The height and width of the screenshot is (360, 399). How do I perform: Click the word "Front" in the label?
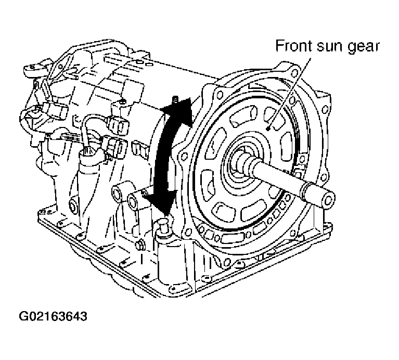click(x=294, y=46)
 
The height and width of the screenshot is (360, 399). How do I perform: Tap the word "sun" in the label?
click(x=329, y=47)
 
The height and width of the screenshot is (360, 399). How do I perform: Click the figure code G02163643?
click(x=53, y=316)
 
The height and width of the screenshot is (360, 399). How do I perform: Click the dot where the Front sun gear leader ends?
click(x=268, y=128)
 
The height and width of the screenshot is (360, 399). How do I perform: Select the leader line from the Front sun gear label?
click(x=289, y=93)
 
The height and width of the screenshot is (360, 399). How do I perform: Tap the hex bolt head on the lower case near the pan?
click(x=140, y=245)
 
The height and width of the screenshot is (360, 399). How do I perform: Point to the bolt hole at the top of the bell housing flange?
click(x=294, y=73)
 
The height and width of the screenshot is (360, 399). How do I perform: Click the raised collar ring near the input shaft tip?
click(x=306, y=189)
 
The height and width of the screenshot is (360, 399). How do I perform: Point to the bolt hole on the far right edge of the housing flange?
click(x=325, y=110)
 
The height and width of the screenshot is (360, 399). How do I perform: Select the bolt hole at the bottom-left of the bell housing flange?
click(x=188, y=232)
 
